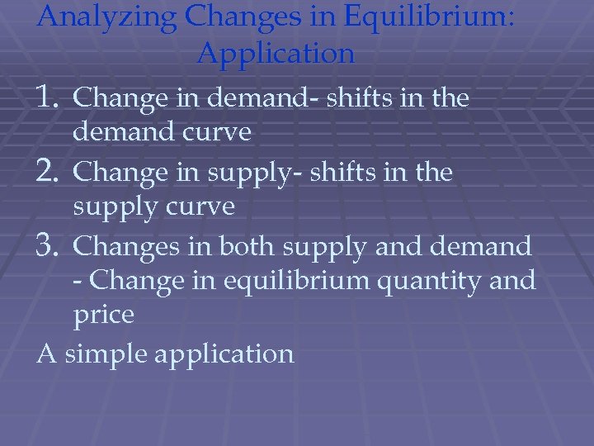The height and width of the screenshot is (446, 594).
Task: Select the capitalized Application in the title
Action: (276, 54)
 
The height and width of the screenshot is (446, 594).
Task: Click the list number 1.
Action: (51, 98)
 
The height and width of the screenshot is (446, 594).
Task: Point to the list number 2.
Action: (51, 173)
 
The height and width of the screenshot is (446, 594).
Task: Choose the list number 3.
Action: (51, 246)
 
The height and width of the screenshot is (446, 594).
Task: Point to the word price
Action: (103, 316)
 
